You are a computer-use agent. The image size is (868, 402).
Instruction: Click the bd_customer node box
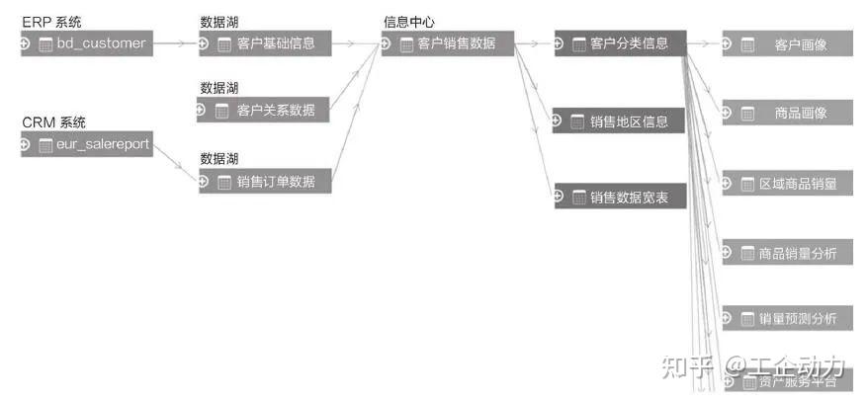coord(94,43)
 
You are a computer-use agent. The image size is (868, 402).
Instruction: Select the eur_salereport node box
coord(95,145)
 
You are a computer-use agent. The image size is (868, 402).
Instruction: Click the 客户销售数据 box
coord(456,43)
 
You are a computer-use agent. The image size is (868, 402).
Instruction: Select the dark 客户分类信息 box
coord(628,43)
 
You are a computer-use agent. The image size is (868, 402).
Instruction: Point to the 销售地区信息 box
coord(628,121)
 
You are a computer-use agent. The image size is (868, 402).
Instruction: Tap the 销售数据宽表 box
coord(628,198)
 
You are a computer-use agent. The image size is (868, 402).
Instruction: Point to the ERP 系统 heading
coord(51,22)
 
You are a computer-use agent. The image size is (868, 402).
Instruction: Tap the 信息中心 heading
coord(409,22)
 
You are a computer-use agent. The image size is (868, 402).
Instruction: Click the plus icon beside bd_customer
coord(26,43)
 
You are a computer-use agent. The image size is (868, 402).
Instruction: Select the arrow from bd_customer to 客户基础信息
coord(175,43)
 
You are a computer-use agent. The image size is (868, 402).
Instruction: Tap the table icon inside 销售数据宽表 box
coord(578,198)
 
